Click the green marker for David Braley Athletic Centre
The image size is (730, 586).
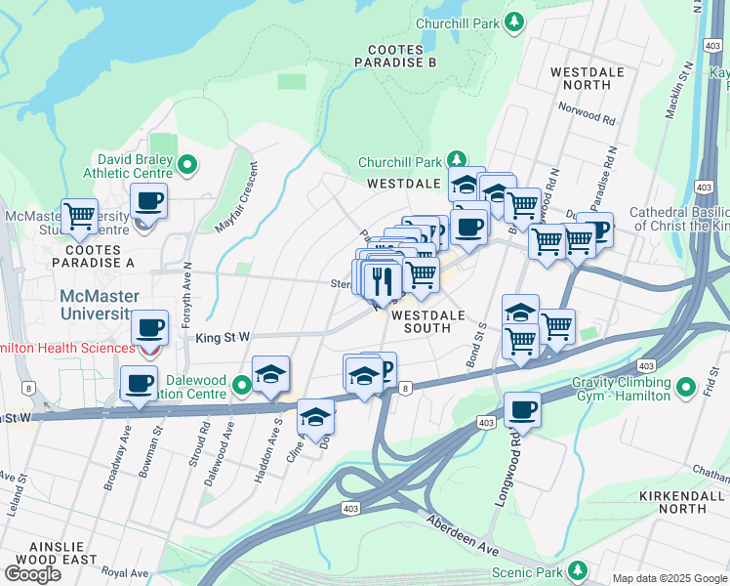[x=189, y=166]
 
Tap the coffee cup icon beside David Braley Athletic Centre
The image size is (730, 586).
[x=148, y=202]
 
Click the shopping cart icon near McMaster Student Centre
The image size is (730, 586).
[x=79, y=215]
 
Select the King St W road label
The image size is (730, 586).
[x=223, y=337]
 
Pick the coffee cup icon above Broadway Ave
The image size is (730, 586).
[x=139, y=383]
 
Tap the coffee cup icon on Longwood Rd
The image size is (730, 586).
[x=523, y=410]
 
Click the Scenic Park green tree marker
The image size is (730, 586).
[x=579, y=568]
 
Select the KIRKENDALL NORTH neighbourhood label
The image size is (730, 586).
[x=685, y=502]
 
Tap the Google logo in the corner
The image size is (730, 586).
[x=33, y=574]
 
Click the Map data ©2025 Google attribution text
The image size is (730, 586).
[x=669, y=578]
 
